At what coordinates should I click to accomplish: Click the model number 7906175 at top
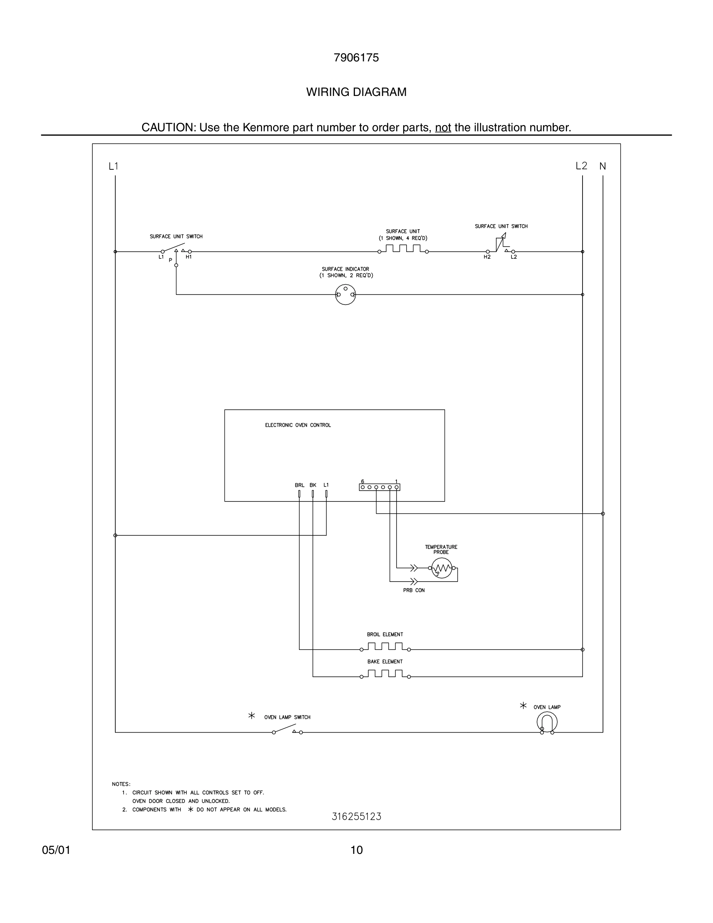pos(356,58)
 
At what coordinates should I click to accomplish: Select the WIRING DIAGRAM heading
pos(356,92)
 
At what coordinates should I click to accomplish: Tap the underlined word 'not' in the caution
pos(443,128)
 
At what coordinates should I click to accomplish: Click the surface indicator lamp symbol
pos(346,294)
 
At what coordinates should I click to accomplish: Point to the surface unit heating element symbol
pos(403,249)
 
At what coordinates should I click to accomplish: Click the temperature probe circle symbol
pos(442,568)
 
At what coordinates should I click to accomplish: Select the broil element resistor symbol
pos(385,647)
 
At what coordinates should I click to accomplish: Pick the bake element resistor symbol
pos(385,674)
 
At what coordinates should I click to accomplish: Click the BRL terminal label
pos(299,485)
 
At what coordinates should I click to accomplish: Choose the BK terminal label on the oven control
pos(313,485)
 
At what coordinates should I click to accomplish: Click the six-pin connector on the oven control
pos(379,487)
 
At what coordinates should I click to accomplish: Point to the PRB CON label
pos(414,590)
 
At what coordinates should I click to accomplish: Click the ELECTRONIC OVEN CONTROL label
pos(298,425)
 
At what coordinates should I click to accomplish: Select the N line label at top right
pos(603,167)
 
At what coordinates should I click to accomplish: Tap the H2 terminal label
pos(487,257)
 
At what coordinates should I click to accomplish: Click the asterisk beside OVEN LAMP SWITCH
pos(252,716)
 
